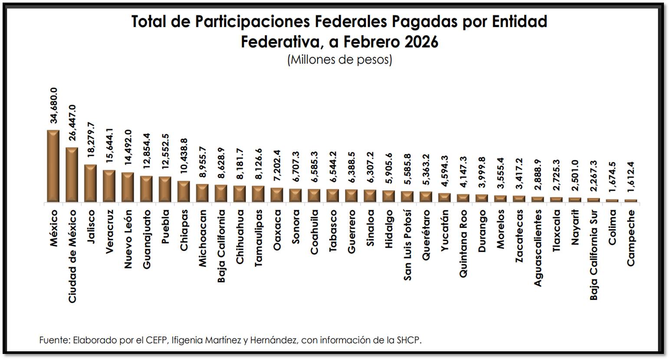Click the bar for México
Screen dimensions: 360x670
point(53,166)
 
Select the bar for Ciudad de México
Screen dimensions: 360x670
point(72,175)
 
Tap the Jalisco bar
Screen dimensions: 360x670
point(90,184)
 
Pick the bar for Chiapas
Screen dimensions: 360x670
point(184,192)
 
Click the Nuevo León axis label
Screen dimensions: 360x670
point(128,239)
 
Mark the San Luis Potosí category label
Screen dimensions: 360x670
point(407,245)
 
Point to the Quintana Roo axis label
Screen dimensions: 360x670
point(463,244)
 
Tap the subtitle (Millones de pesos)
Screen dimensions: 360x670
point(339,59)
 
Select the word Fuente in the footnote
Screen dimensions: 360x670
point(53,340)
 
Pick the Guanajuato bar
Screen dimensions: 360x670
point(146,189)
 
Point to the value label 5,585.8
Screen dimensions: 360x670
point(408,170)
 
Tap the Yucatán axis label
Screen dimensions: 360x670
point(445,231)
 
